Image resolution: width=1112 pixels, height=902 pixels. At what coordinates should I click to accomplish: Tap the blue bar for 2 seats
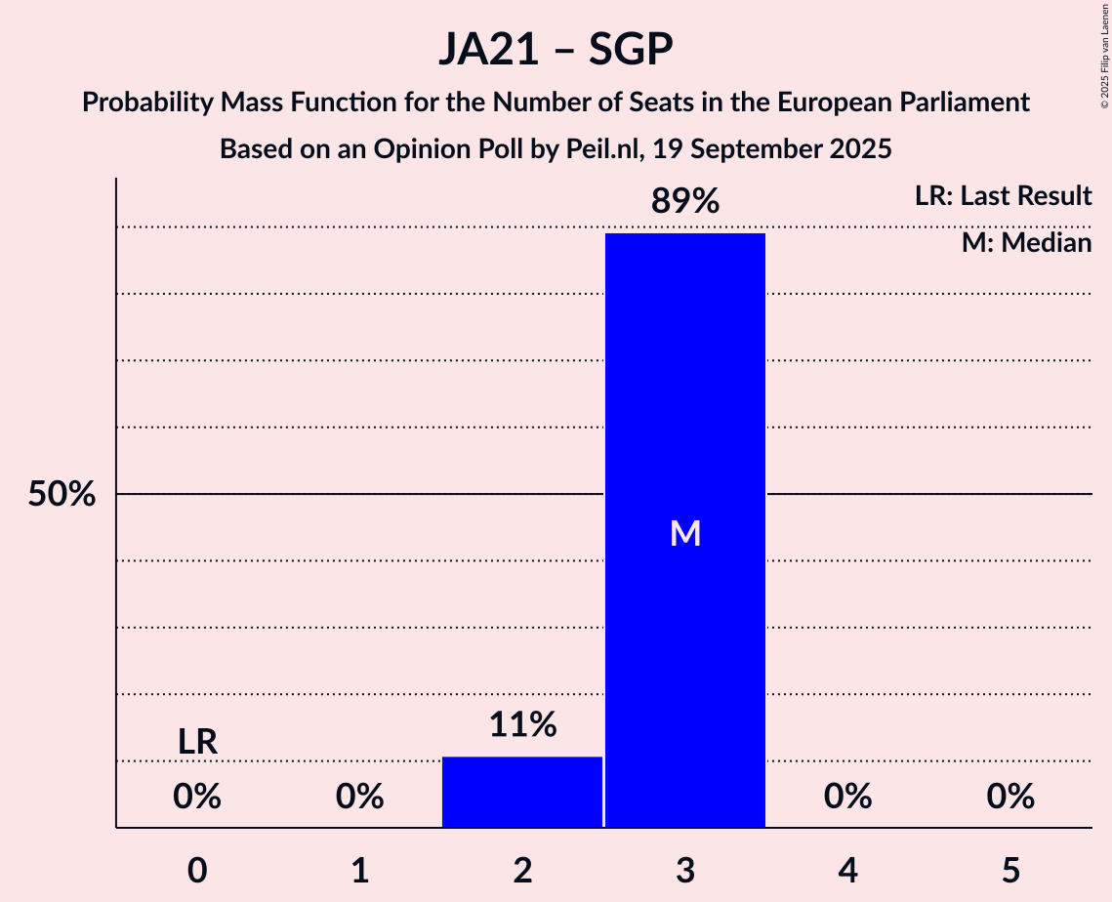[x=522, y=792]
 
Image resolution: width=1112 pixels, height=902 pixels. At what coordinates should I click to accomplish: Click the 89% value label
[x=685, y=202]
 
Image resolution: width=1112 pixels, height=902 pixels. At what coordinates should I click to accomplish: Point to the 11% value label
[x=522, y=725]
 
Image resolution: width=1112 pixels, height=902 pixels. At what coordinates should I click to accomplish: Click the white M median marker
[x=685, y=533]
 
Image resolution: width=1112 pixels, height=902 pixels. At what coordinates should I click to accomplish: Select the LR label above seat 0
[x=197, y=742]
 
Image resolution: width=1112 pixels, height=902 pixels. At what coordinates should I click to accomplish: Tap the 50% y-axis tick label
[x=62, y=495]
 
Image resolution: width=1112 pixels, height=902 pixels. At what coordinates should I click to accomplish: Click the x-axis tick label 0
[x=197, y=870]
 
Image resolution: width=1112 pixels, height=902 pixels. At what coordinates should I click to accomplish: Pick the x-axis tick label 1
[x=360, y=870]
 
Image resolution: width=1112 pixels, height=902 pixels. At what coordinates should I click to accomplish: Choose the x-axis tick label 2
[x=522, y=870]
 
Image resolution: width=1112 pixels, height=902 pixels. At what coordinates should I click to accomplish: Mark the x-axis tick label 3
[x=685, y=870]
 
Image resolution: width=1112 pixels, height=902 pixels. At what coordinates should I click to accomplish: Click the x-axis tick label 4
[x=847, y=870]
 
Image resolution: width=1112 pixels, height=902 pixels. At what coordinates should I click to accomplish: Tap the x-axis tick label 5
[x=1010, y=870]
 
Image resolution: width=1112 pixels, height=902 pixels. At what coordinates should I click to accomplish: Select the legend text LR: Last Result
[x=1003, y=196]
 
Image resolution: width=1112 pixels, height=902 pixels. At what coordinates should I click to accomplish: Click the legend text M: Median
[x=1026, y=243]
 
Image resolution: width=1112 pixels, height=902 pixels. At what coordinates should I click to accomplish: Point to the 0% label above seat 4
[x=847, y=798]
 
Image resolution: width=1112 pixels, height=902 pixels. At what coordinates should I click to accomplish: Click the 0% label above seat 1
[x=360, y=798]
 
